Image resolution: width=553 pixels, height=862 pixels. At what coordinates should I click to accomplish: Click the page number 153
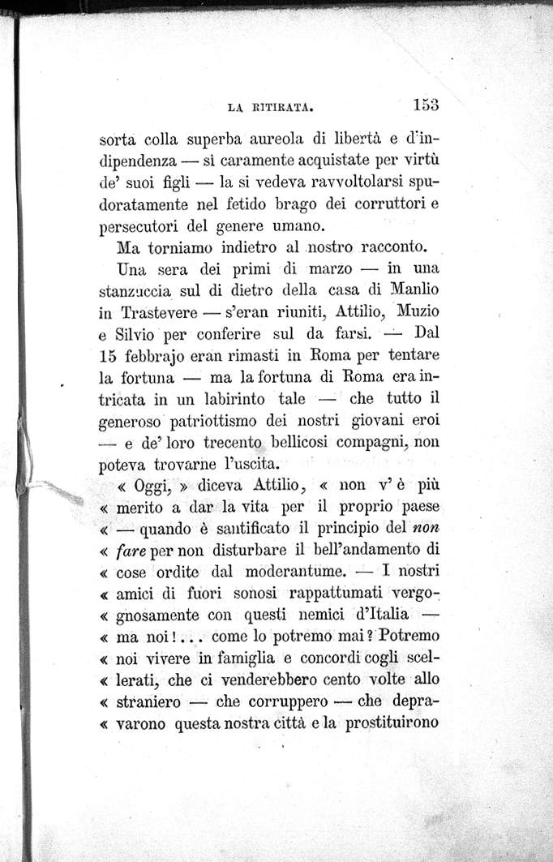click(x=425, y=105)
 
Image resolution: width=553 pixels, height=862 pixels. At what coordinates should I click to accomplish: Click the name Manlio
click(x=413, y=289)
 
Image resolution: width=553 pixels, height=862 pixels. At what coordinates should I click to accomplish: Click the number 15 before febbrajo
click(x=107, y=354)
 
